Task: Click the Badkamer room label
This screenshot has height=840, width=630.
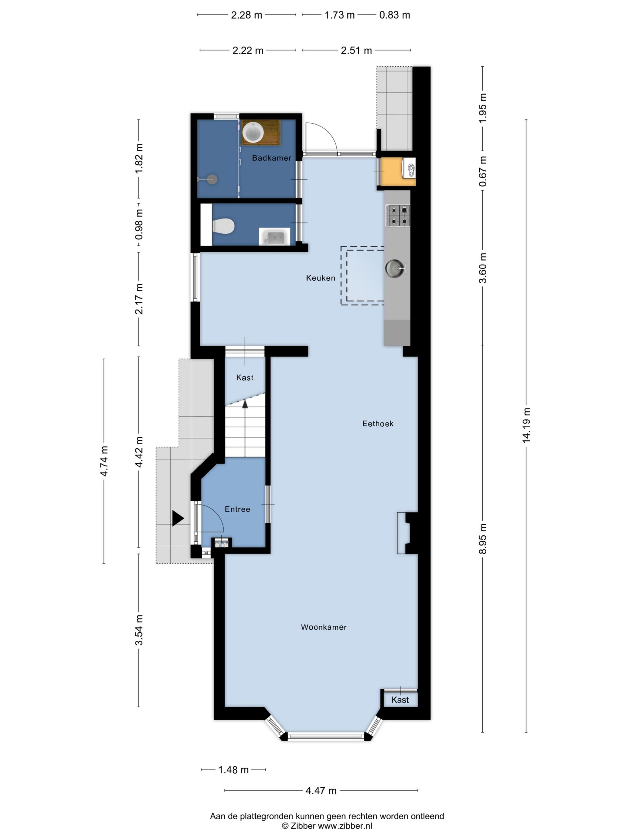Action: [271, 158]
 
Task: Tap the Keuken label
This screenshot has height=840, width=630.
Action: [321, 278]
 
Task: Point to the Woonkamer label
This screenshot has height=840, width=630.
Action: [324, 627]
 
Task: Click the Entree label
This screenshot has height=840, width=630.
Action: [237, 509]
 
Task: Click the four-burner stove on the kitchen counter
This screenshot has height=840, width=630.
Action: [398, 215]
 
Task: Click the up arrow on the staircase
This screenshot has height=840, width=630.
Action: [245, 404]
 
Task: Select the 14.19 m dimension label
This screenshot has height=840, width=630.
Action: [526, 425]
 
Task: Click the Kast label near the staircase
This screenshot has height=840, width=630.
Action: [244, 377]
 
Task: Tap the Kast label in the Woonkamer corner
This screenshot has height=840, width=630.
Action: [400, 700]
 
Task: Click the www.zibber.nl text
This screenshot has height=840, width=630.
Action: [345, 826]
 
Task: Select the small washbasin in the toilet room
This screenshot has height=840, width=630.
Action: [274, 237]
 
